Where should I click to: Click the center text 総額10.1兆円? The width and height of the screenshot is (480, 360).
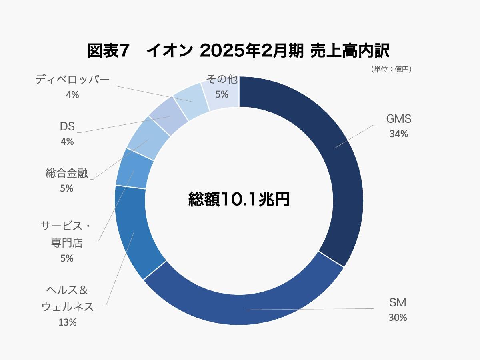[239, 199]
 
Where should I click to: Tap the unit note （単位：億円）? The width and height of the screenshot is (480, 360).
[392, 69]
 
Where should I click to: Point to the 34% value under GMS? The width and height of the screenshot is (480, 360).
[398, 134]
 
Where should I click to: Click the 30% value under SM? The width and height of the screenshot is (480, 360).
[398, 317]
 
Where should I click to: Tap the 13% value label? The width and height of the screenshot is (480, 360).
[67, 322]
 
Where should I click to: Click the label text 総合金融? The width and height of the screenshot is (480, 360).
[66, 173]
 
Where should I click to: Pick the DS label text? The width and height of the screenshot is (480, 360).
[67, 126]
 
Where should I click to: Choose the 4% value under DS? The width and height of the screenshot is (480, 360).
[67, 141]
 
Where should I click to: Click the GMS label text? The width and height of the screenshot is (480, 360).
[398, 119]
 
